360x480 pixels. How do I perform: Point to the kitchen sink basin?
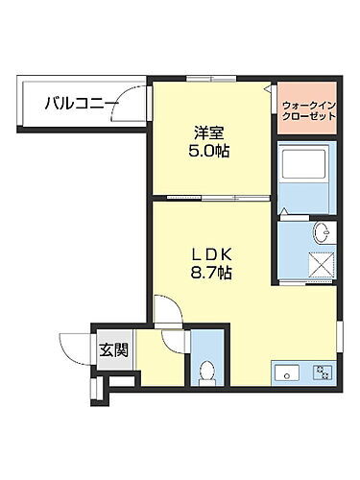coord(286,372)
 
